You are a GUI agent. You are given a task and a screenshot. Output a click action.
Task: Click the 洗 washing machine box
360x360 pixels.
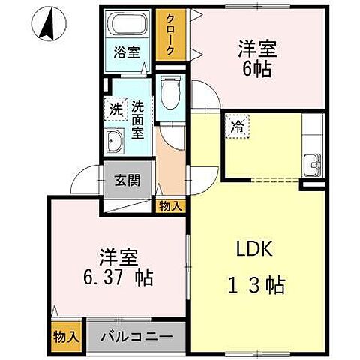click(115, 108)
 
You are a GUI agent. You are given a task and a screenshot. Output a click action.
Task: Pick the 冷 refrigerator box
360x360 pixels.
click(236, 127)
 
